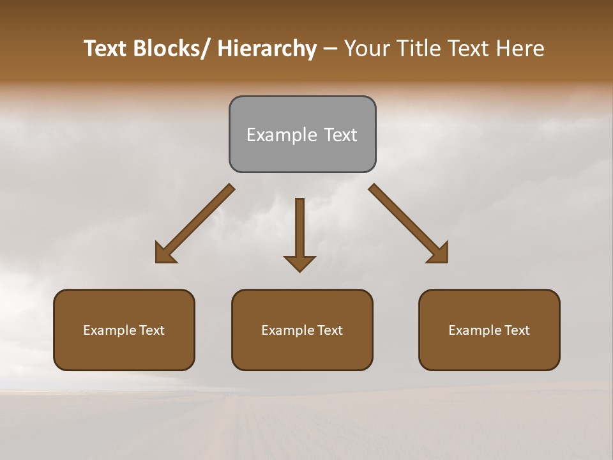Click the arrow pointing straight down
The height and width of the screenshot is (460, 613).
click(x=299, y=230)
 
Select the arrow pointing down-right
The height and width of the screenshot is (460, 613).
click(x=405, y=220)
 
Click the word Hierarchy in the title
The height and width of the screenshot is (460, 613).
click(x=267, y=49)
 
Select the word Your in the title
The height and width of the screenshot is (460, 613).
click(x=367, y=49)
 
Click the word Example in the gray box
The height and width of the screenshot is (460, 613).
click(x=282, y=135)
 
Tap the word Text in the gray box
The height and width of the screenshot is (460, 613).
click(x=340, y=135)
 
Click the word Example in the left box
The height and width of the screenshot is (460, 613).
click(x=109, y=330)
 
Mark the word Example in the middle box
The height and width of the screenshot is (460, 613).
click(x=287, y=330)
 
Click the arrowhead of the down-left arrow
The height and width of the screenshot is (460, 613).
click(x=164, y=254)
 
